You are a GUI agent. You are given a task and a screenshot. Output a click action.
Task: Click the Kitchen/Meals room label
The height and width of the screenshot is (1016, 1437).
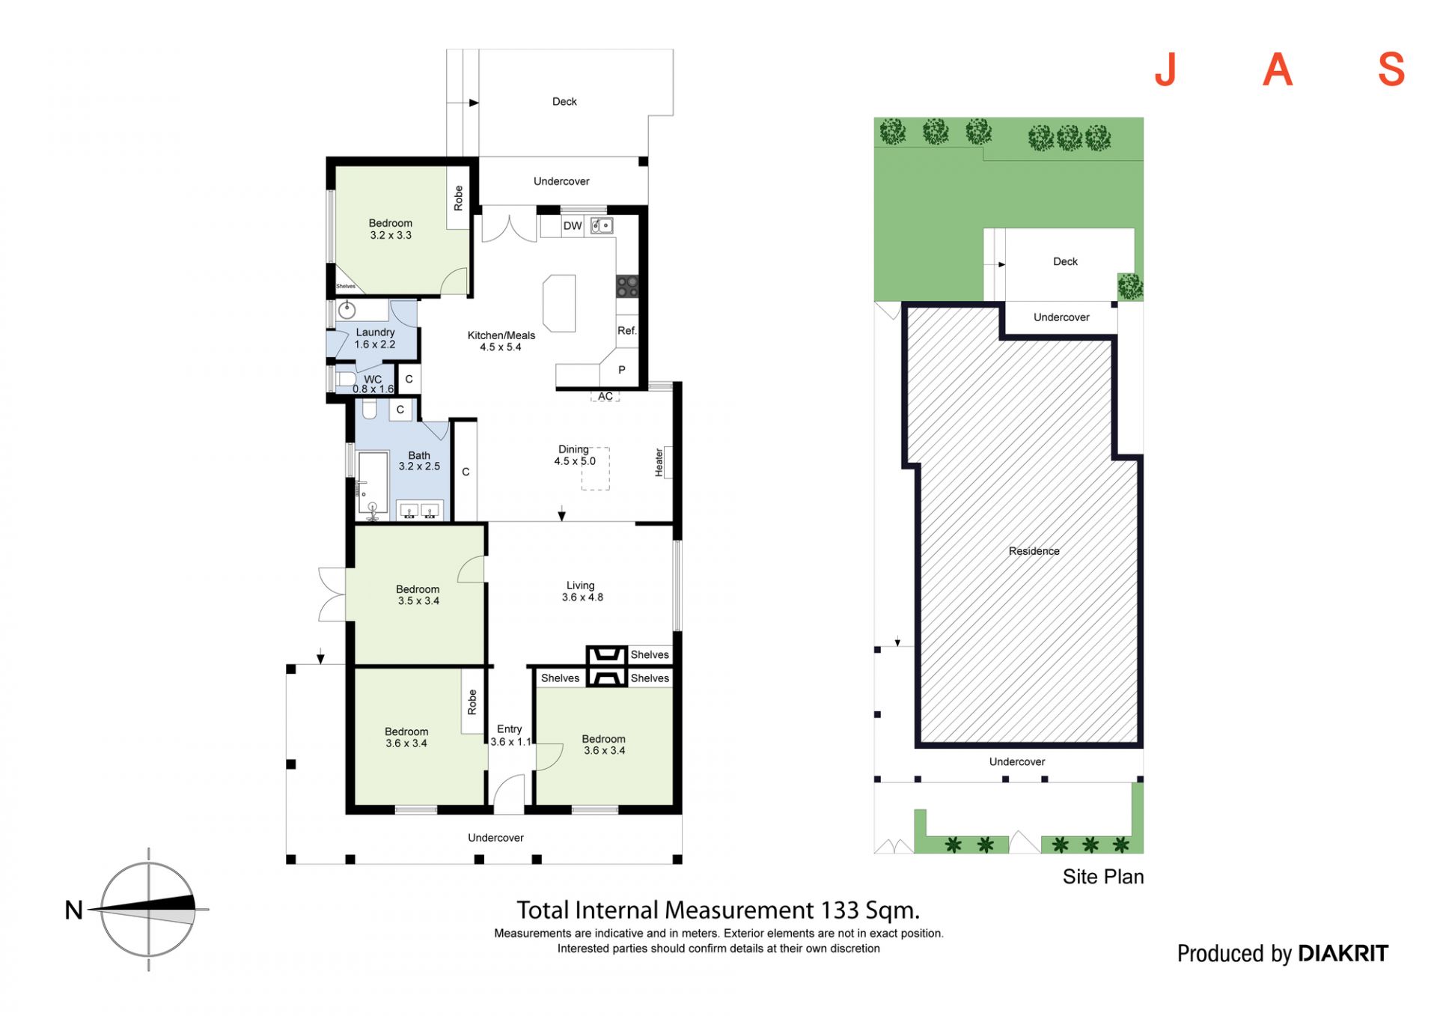pyautogui.click(x=501, y=341)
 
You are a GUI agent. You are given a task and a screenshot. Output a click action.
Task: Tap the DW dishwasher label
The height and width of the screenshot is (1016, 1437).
pyautogui.click(x=573, y=226)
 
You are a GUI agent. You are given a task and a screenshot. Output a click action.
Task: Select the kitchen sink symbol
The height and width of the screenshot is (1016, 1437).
pyautogui.click(x=602, y=225)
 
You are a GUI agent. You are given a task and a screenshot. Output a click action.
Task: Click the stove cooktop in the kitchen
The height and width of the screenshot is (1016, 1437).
pyautogui.click(x=627, y=286)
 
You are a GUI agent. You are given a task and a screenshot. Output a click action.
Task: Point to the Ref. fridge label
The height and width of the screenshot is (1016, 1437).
pyautogui.click(x=626, y=331)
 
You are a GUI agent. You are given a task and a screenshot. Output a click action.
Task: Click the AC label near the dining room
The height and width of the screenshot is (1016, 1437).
pyautogui.click(x=605, y=396)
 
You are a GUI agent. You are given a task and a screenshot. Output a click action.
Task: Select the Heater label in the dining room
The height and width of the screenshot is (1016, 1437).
pyautogui.click(x=659, y=462)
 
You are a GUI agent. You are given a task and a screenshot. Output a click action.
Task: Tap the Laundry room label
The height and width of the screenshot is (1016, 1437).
pyautogui.click(x=375, y=338)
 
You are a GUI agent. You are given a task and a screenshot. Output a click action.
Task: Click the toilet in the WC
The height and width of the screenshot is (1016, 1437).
pyautogui.click(x=345, y=378)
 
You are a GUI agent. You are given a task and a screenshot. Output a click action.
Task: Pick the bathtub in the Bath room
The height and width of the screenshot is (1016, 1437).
pyautogui.click(x=373, y=484)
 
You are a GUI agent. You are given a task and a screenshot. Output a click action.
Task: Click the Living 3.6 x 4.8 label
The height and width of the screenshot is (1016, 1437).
pyautogui.click(x=582, y=591)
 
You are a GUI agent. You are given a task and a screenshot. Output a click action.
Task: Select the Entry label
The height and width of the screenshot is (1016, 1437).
pyautogui.click(x=510, y=729)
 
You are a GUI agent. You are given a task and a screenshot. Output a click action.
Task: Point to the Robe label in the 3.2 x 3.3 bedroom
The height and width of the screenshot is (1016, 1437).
pyautogui.click(x=458, y=198)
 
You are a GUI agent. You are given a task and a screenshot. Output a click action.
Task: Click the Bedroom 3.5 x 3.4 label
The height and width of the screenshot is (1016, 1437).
pyautogui.click(x=418, y=595)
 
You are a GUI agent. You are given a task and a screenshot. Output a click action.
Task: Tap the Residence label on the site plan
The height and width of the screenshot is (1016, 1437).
pyautogui.click(x=1034, y=551)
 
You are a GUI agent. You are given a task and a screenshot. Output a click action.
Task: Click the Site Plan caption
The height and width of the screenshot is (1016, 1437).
pyautogui.click(x=1103, y=877)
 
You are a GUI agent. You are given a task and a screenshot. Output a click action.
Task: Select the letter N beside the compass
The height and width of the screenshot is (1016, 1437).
pyautogui.click(x=74, y=910)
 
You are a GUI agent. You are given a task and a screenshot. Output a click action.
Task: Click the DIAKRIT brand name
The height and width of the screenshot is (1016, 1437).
pyautogui.click(x=1343, y=953)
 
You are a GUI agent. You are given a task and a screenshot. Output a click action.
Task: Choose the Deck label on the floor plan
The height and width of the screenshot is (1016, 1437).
pyautogui.click(x=564, y=102)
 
